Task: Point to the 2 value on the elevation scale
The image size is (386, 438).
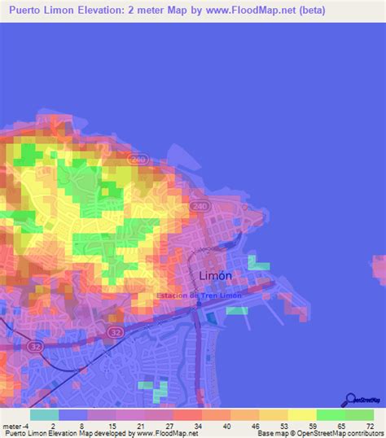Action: (x=54, y=426)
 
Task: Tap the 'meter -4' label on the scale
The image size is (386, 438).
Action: (x=16, y=426)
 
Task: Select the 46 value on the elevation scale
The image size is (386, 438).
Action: (x=255, y=426)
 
